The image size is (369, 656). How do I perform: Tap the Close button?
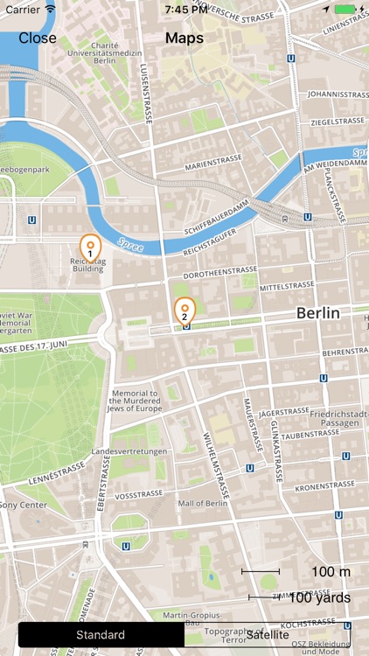click(x=38, y=38)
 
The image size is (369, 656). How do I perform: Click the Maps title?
click(x=184, y=38)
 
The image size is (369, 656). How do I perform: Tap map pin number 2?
click(x=184, y=310)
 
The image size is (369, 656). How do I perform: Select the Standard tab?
click(x=101, y=635)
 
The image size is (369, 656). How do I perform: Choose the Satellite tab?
click(x=267, y=635)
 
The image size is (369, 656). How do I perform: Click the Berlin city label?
click(x=317, y=313)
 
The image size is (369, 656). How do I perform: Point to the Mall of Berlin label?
click(x=203, y=503)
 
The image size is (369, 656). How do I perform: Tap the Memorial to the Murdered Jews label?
click(x=135, y=401)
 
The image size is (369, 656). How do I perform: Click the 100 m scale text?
click(x=331, y=571)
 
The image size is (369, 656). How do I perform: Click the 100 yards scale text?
click(x=319, y=598)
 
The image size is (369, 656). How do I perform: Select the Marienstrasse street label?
click(x=211, y=164)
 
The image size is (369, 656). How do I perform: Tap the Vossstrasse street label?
click(x=138, y=494)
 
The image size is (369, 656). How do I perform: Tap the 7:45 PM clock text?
click(x=185, y=9)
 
